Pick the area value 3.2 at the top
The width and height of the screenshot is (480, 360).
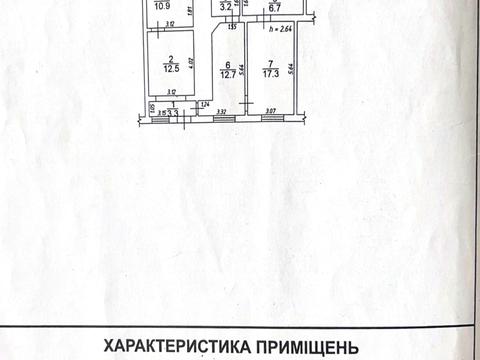click(x=227, y=8)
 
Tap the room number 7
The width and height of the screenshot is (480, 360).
click(x=269, y=62)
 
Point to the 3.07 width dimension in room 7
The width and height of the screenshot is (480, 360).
click(x=270, y=111)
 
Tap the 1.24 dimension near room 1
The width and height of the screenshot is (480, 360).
click(x=204, y=105)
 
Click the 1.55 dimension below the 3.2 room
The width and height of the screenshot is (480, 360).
click(x=231, y=26)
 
